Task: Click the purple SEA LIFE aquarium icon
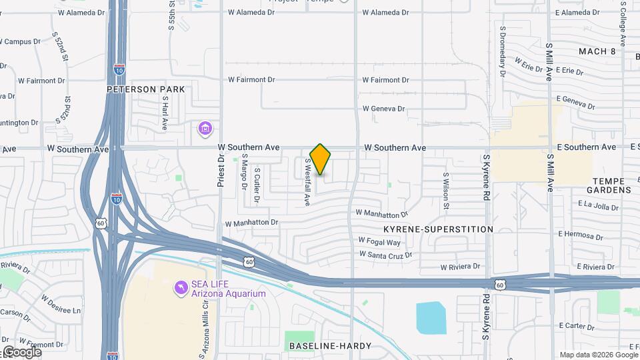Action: (x=180, y=287)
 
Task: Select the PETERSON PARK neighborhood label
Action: (x=145, y=89)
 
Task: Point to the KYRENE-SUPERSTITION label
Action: (x=438, y=229)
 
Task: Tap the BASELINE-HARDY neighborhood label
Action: (x=325, y=346)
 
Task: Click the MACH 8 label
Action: (x=597, y=51)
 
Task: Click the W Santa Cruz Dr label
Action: (x=385, y=255)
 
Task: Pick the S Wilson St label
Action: (x=445, y=190)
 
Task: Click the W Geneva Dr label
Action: (x=383, y=109)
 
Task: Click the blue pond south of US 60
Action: (x=431, y=317)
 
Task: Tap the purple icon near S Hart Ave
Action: (x=205, y=127)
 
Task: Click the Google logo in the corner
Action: (x=21, y=351)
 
